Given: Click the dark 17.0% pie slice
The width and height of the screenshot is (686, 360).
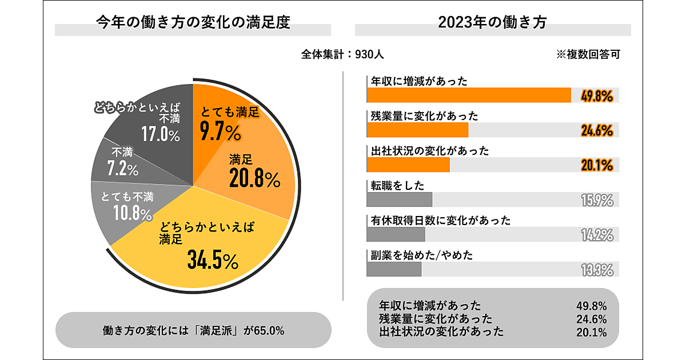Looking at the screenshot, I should (149, 123).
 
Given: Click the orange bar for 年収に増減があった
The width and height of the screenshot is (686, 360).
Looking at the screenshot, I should (469, 95).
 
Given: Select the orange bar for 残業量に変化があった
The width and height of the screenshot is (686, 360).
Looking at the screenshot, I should (417, 130).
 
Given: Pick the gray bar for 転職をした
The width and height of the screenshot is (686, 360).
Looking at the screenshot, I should (399, 199).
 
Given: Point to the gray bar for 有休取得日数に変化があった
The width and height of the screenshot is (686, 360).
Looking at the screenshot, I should (396, 234).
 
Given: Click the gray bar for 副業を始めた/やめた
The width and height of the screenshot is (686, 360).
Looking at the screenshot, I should (394, 269).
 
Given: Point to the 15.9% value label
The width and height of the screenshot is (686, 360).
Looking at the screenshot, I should (596, 200).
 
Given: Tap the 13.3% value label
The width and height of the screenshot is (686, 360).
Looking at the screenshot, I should (596, 270).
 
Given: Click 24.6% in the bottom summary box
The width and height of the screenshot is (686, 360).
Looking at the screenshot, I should (592, 319).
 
